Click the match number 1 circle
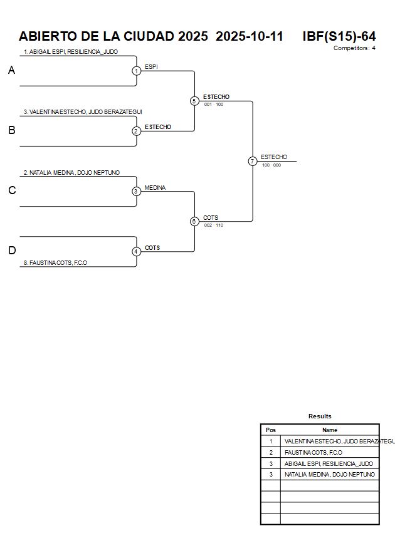click(137, 71)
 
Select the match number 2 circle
click(137, 131)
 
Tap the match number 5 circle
click(194, 101)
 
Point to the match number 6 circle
click(194, 221)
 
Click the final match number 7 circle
click(252, 161)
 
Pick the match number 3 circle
click(137, 191)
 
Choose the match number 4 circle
click(137, 251)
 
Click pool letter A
click(11, 71)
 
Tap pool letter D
click(11, 251)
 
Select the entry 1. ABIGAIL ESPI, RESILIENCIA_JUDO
click(71, 52)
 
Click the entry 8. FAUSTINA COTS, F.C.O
click(55, 263)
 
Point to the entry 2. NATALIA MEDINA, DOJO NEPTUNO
click(71, 172)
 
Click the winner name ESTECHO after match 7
click(274, 157)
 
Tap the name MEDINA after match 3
click(155, 187)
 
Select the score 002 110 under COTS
click(214, 225)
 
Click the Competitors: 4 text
click(354, 48)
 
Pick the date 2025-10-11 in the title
click(250, 36)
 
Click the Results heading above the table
click(320, 416)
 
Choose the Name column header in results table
click(330, 430)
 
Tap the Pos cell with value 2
click(271, 452)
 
